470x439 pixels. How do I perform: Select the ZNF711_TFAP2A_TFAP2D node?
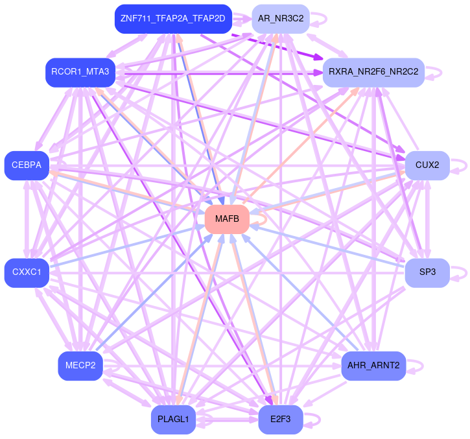pyautogui.click(x=172, y=18)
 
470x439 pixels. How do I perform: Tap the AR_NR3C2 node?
pyautogui.click(x=281, y=18)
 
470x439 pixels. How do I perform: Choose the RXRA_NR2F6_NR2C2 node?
pyautogui.click(x=373, y=71)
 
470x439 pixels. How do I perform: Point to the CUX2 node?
pyautogui.click(x=427, y=165)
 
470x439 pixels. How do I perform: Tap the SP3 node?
pyautogui.click(x=427, y=272)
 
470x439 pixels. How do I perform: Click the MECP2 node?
pyautogui.click(x=80, y=366)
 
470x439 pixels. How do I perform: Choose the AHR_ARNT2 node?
pyautogui.click(x=373, y=366)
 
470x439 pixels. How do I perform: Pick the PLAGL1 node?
pyautogui.click(x=173, y=420)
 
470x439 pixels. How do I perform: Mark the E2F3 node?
pyautogui.click(x=280, y=420)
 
